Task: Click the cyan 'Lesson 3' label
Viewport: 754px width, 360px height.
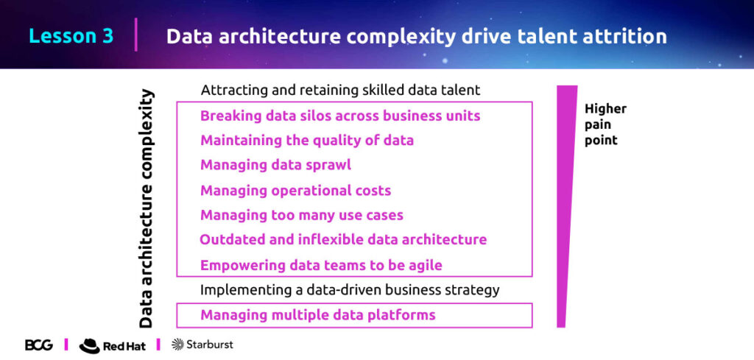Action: (x=71, y=37)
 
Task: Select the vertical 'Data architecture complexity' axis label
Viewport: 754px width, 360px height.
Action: (x=146, y=208)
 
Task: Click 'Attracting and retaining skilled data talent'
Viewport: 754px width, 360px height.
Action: (x=340, y=90)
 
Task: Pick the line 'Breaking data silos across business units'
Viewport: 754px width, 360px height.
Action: (x=340, y=116)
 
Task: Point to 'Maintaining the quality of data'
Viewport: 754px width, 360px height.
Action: (x=307, y=141)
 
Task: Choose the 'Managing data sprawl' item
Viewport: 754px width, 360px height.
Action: (x=275, y=165)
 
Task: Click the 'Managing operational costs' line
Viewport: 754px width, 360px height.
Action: (x=295, y=191)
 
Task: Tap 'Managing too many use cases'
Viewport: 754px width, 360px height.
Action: (x=301, y=215)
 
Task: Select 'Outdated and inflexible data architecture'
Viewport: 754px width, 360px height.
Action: (x=343, y=239)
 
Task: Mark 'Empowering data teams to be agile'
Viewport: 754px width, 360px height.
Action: (x=321, y=265)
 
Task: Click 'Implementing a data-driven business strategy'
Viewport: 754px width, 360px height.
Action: (x=350, y=290)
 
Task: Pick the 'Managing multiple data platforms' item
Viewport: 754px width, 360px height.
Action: (x=318, y=315)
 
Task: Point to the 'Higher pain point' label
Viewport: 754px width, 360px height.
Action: (x=605, y=124)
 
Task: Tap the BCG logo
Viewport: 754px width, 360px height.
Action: (x=38, y=345)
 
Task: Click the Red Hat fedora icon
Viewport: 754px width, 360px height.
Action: (x=89, y=345)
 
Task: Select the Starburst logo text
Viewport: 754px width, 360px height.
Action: (x=210, y=344)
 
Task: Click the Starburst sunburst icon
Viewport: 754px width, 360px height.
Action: (x=177, y=344)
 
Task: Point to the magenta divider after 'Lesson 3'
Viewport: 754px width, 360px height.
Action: (x=136, y=35)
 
